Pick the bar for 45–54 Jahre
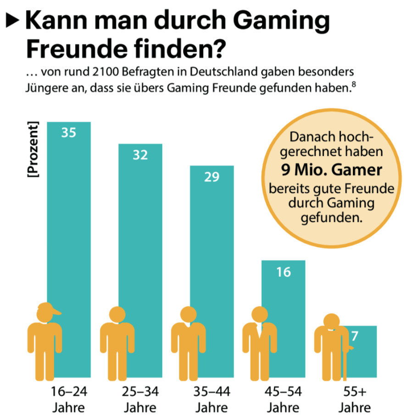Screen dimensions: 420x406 click(283, 293)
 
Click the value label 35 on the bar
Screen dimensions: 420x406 click(69, 133)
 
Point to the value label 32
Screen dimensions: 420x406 click(140, 155)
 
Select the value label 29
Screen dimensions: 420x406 click(212, 177)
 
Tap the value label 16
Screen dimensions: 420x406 click(284, 272)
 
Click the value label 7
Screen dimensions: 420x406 click(354, 337)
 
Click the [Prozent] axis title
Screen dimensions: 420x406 click(33, 149)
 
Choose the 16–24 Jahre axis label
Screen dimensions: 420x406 click(69, 399)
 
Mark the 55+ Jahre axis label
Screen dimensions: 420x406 click(355, 399)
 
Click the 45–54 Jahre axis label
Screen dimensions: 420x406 click(284, 399)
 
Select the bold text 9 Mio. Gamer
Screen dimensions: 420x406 click(331, 171)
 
